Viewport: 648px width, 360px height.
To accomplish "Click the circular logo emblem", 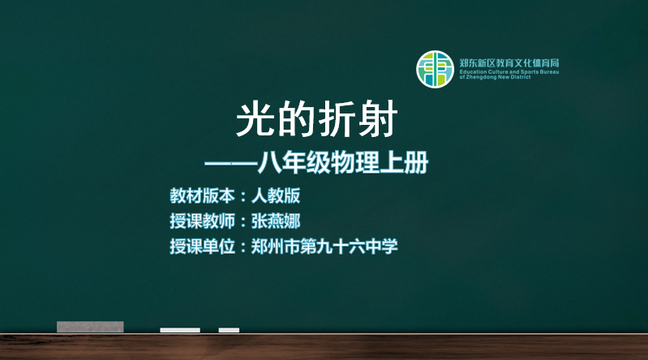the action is [x=435, y=70].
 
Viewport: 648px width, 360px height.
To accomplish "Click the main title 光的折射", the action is [x=316, y=119].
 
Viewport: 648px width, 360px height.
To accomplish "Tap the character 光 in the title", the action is [x=255, y=119].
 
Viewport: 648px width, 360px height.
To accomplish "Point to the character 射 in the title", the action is [x=378, y=119].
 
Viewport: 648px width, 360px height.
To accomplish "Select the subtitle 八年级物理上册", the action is [x=343, y=162].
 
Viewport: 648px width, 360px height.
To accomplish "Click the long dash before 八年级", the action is [x=231, y=163].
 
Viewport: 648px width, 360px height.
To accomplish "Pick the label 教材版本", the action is [x=202, y=196].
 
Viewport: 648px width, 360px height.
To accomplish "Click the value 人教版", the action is [x=276, y=196].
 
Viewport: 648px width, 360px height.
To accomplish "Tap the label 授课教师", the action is [x=202, y=221].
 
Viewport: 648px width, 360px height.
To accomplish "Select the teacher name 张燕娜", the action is [x=276, y=221].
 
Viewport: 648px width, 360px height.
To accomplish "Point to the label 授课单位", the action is [x=202, y=246].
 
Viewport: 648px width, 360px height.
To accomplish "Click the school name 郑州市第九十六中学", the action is [x=324, y=246].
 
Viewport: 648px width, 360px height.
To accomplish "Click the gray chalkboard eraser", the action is [x=90, y=327].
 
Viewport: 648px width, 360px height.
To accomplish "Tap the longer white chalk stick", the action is [x=180, y=330].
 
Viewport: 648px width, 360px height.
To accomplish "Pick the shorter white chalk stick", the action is [x=229, y=330].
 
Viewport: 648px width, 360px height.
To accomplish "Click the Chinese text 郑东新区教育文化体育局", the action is [x=509, y=63].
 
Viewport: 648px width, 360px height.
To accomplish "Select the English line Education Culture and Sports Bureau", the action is [x=509, y=72].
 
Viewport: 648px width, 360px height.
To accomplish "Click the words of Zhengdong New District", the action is [x=495, y=77].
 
